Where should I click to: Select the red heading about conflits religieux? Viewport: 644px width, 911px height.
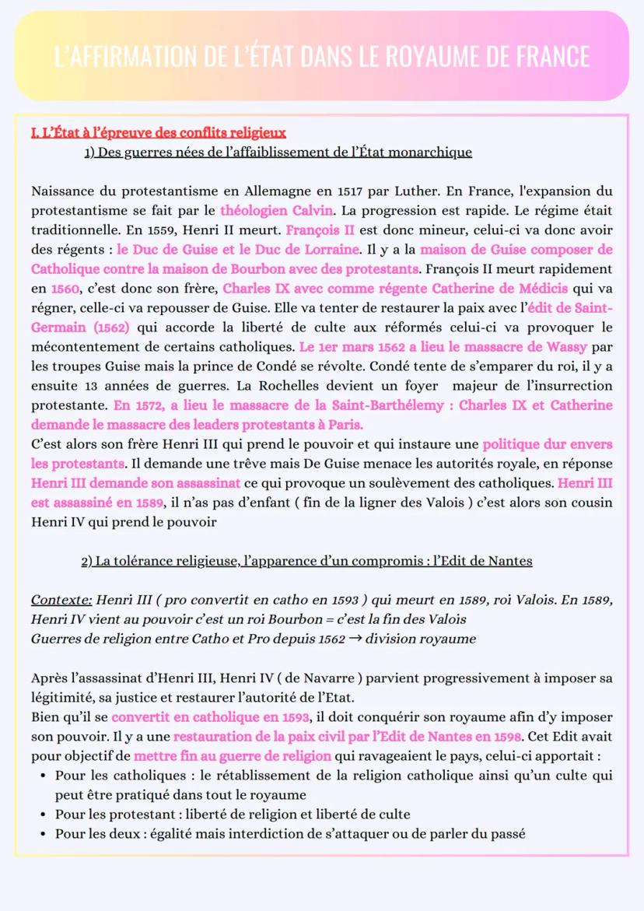point(158,133)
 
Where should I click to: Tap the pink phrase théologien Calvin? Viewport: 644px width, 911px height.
point(277,210)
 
